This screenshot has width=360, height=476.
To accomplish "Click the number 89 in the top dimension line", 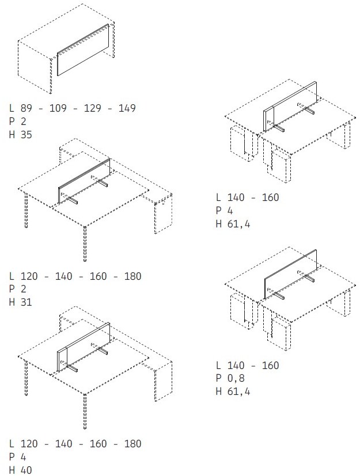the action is tap(26, 108).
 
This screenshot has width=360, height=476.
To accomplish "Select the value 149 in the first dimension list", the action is tap(127, 108).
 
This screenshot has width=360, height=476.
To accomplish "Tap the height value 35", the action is tap(26, 135).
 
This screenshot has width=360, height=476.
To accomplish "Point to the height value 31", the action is tap(26, 302).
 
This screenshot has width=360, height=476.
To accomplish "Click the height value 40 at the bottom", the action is tap(26, 470).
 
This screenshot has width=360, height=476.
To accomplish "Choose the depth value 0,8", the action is tap(236, 378).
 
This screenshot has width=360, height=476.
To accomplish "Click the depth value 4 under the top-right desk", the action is tap(230, 211).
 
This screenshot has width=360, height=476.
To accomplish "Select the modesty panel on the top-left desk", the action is tap(83, 49).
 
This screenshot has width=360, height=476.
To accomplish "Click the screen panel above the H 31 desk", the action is tap(84, 180).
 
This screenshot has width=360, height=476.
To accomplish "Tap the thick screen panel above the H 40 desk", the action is tap(84, 346).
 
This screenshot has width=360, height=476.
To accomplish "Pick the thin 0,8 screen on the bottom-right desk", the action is tap(291, 274).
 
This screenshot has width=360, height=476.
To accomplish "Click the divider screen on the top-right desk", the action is tap(290, 106).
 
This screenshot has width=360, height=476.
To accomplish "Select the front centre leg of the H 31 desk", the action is tap(85, 243).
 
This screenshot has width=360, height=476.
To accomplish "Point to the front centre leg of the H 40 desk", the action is tap(85, 412).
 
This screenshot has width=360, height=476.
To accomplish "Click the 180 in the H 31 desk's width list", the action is tap(132, 276).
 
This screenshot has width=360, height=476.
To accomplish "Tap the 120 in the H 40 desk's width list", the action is tap(29, 444).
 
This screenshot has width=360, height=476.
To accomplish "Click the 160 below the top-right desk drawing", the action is tap(270, 197).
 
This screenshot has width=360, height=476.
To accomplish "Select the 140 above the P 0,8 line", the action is tap(236, 365).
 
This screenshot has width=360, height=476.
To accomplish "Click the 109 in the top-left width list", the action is tap(58, 108).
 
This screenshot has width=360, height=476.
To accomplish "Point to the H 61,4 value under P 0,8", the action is tap(233, 391).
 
